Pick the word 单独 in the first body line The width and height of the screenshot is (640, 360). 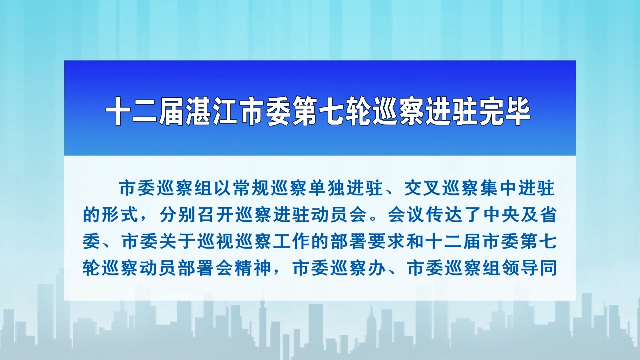pyautogui.click(x=327, y=187)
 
